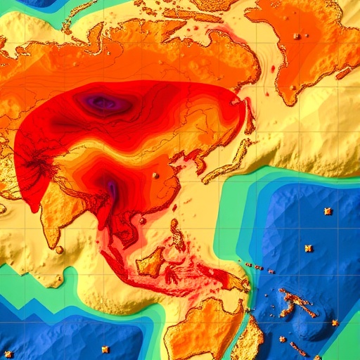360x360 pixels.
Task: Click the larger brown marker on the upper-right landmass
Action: [x=297, y=36]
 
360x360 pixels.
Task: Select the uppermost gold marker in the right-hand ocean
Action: [x=327, y=211]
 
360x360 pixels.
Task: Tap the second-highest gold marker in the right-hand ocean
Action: [x=308, y=247]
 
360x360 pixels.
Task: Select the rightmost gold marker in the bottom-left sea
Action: [x=105, y=349]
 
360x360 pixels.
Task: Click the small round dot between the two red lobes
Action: [x=156, y=174]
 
